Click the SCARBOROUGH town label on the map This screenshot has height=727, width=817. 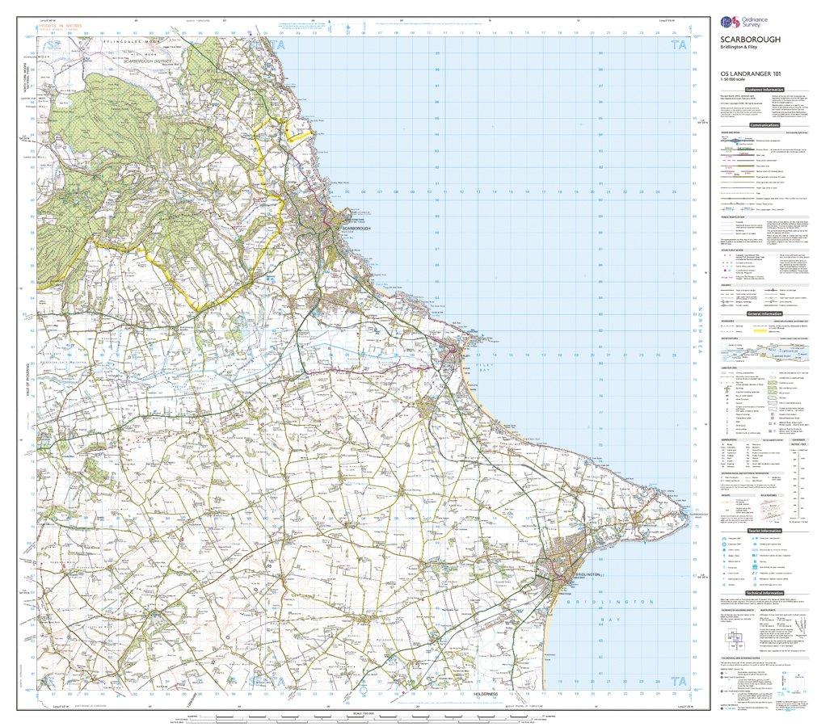[357, 229]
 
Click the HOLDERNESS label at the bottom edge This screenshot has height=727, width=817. [488, 694]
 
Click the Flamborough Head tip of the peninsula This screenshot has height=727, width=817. [686, 511]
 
